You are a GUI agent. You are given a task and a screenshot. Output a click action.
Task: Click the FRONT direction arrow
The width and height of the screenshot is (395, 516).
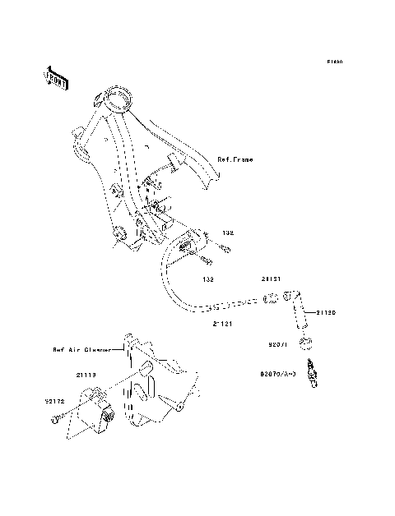(x=56, y=77)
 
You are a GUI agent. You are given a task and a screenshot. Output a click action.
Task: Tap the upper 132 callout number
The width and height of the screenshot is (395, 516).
(x=227, y=233)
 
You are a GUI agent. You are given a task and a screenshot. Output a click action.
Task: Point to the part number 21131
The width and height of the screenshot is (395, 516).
(x=272, y=279)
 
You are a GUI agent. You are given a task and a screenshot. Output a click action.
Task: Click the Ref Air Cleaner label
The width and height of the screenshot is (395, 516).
(x=81, y=349)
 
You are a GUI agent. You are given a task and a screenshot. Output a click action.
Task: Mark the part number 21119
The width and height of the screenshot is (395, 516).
(x=88, y=375)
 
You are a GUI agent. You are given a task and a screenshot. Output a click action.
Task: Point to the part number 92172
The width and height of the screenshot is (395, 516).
(x=54, y=402)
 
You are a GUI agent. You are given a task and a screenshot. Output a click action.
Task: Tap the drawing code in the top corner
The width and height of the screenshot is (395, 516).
(x=332, y=62)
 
